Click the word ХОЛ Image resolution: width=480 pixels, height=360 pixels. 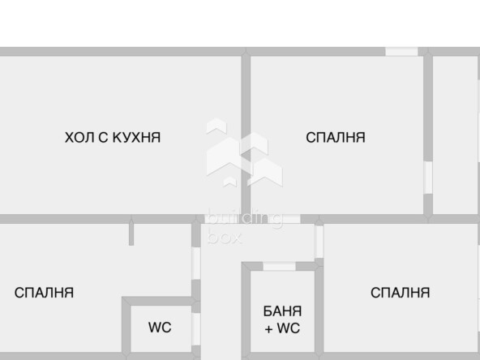click(79, 138)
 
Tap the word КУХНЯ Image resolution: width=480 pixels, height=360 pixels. click(136, 138)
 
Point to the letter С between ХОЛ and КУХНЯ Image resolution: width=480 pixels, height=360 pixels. click(103, 138)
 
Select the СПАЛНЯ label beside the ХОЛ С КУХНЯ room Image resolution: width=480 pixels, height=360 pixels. click(336, 138)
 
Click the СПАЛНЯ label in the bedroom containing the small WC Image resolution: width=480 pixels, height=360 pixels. click(44, 293)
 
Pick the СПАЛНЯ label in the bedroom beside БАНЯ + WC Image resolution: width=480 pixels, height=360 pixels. click(400, 293)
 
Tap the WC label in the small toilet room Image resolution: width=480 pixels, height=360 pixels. click(160, 328)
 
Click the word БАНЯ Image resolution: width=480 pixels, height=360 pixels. click(282, 311)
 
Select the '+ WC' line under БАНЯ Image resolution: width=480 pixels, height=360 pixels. click(282, 328)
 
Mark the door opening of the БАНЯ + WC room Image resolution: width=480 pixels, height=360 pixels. click(279, 266)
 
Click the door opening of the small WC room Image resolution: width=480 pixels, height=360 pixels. click(196, 328)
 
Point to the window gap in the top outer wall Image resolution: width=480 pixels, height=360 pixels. click(401, 51)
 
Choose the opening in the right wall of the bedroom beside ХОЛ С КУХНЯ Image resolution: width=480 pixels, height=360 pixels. click(428, 178)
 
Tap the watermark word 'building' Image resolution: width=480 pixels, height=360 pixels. click(245, 218)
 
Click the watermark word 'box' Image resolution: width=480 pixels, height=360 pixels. click(225, 238)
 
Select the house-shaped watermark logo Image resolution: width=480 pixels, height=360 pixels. click(244, 152)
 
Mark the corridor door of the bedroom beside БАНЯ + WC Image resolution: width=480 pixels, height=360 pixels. click(319, 242)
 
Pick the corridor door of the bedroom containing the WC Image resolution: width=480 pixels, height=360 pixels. click(196, 264)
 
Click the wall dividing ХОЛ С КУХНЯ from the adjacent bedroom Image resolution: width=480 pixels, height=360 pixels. click(246, 135)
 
